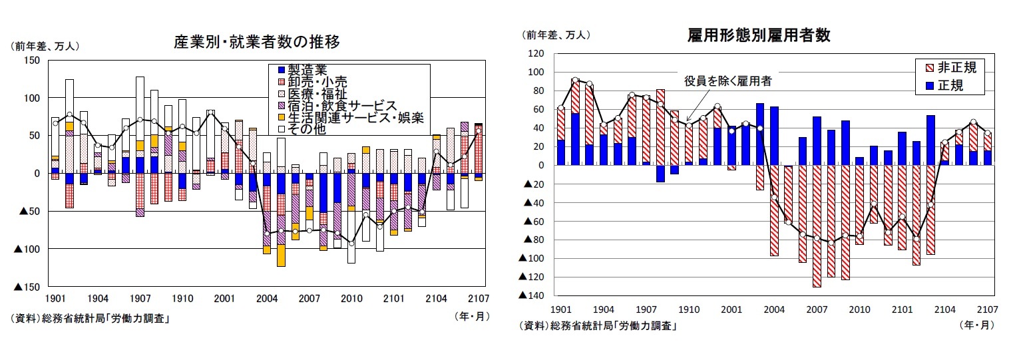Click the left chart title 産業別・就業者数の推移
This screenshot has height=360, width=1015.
pos(257,43)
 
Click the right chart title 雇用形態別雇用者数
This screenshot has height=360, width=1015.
pos(758,35)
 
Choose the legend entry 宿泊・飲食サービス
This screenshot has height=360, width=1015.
pos(342,106)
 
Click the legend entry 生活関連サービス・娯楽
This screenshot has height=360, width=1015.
pos(356,118)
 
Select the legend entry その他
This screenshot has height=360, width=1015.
pos(307,130)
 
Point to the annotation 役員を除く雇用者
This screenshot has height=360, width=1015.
pos(728,81)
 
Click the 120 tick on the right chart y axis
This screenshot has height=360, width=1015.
pos(536,53)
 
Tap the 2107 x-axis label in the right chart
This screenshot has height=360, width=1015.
pos(987,309)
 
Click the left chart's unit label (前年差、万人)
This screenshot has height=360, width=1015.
pos(44,46)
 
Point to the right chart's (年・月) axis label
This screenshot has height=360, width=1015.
pos(976,325)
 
